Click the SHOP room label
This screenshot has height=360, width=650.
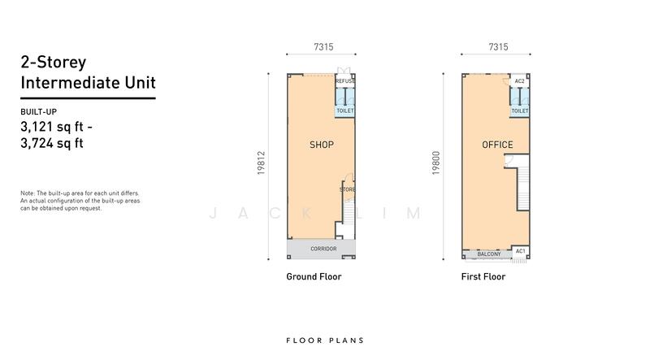[x=322, y=145]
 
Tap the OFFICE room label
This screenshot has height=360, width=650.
[x=497, y=145]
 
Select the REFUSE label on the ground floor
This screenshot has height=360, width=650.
[x=344, y=81]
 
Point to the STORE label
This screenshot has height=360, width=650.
[x=348, y=189]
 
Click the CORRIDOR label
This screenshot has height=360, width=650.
[x=323, y=249]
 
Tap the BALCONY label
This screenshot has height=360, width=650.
[x=489, y=254]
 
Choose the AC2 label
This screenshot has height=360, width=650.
[x=519, y=81]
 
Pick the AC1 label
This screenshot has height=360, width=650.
[x=520, y=251]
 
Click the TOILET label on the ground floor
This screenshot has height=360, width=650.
[x=344, y=111]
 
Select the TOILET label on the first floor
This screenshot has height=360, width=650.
[x=520, y=111]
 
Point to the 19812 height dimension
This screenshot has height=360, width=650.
[x=261, y=163]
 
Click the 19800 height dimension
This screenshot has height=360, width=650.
[x=435, y=163]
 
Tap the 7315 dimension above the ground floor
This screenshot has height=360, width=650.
[x=323, y=47]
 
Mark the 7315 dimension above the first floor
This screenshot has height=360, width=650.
[x=498, y=47]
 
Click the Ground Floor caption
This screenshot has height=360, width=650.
[x=314, y=276]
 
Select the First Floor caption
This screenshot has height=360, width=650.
[x=483, y=276]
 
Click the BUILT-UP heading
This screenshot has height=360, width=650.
[x=38, y=111]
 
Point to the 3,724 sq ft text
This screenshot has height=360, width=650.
[x=52, y=143]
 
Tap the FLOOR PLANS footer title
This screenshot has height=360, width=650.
[x=325, y=340]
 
